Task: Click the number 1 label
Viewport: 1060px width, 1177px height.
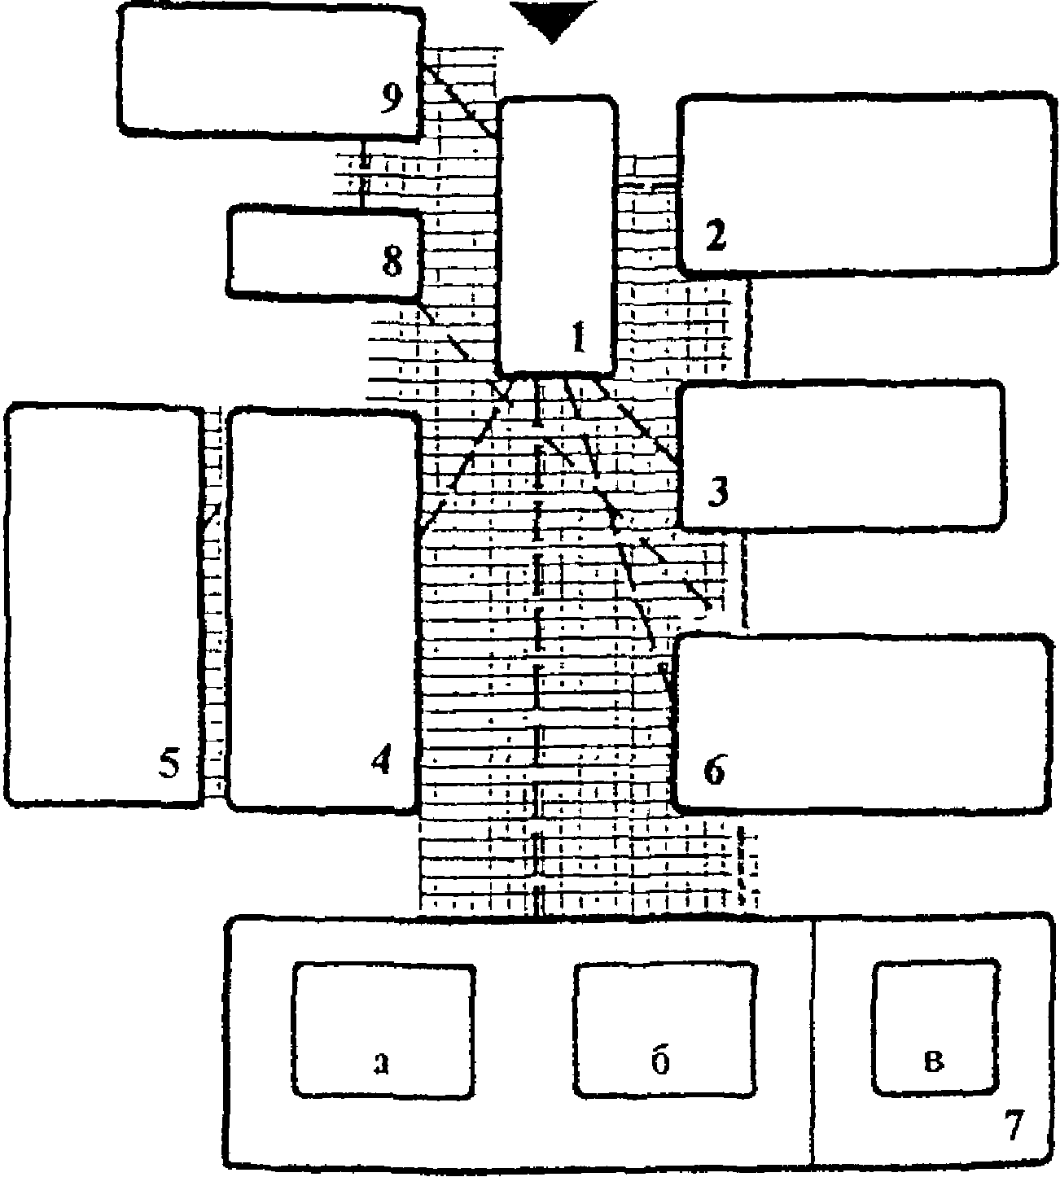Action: click(579, 336)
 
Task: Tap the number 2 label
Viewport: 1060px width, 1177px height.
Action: click(715, 236)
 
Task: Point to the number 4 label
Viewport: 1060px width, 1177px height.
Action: click(380, 760)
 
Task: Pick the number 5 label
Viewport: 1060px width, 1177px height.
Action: click(169, 764)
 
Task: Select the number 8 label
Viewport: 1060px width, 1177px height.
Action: click(392, 262)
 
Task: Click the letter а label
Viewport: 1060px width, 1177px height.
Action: click(380, 1062)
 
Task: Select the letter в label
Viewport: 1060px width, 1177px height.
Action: click(935, 1061)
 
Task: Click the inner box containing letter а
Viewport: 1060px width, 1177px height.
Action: click(384, 1030)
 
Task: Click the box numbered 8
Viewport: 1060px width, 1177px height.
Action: click(324, 252)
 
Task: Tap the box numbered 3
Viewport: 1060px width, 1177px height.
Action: click(840, 456)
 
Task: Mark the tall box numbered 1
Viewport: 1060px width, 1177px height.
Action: click(558, 236)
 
